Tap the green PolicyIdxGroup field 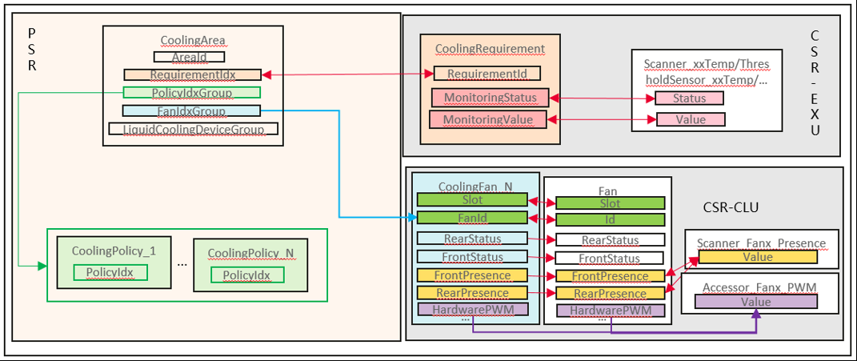click(191, 93)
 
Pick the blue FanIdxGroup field click(191, 110)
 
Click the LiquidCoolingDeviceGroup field click(193, 129)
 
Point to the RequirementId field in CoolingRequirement click(487, 74)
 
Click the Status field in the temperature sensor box click(690, 98)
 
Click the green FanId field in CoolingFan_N click(472, 217)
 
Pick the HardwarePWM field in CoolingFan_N click(472, 309)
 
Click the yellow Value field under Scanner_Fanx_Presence click(757, 257)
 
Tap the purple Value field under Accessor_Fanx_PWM click(756, 302)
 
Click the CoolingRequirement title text click(490, 49)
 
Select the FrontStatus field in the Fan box click(610, 258)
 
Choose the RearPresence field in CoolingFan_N click(472, 293)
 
